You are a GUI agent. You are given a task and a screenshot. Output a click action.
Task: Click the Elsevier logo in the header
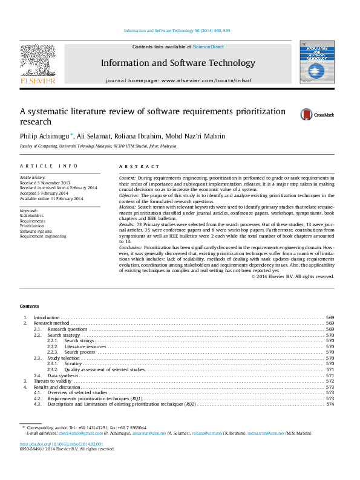[38, 64]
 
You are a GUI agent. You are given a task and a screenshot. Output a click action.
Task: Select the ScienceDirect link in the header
[208, 47]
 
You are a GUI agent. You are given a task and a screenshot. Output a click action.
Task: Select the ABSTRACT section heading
[139, 166]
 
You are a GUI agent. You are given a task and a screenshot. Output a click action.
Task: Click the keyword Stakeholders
[31, 215]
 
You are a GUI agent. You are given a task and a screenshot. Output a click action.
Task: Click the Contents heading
[29, 306]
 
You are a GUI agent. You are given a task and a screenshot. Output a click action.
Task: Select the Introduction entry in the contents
[47, 317]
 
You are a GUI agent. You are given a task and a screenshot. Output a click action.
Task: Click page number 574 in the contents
[330, 404]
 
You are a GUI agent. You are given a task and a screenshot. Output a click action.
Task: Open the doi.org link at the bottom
[62, 444]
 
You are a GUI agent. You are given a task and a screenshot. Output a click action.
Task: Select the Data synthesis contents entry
[63, 375]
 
